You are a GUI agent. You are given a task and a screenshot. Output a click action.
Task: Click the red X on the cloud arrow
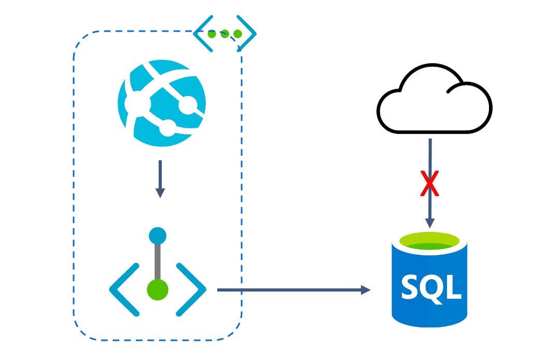[429, 184]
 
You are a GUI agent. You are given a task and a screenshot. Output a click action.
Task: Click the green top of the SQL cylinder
[429, 242]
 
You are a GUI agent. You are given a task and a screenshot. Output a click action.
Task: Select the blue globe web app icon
[162, 103]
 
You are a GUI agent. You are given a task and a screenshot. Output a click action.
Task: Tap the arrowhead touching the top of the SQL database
[429, 222]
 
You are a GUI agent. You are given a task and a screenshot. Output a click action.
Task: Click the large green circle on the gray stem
[158, 289]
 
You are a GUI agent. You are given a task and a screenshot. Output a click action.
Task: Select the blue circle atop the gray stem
[158, 236]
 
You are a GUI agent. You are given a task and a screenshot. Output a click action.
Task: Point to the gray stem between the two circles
[158, 262]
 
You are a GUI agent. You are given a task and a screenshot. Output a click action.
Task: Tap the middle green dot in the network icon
[225, 34]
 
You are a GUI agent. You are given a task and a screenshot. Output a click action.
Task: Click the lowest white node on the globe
[168, 127]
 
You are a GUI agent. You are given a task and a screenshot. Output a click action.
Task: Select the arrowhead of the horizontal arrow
[366, 290]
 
